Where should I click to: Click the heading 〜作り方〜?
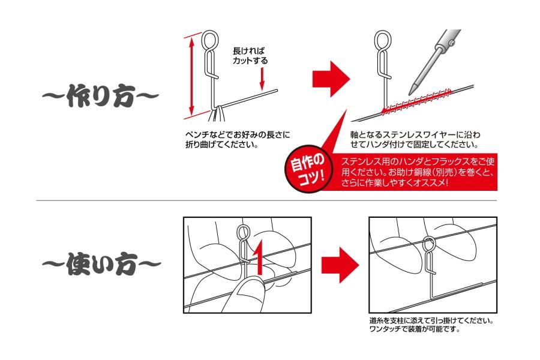[x=100, y=96]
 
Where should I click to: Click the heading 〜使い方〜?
[x=101, y=264]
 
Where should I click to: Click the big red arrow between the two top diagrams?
[x=331, y=79]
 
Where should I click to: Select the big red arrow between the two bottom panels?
[x=340, y=265]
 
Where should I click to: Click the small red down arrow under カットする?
[x=262, y=79]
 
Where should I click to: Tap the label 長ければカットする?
[x=250, y=56]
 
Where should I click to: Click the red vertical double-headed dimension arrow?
[x=192, y=76]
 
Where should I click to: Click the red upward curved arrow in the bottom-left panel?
[x=259, y=257]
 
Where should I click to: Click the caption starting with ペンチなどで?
[x=238, y=139]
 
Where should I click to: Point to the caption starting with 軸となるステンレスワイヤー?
[x=415, y=139]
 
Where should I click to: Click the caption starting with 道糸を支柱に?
[x=432, y=325]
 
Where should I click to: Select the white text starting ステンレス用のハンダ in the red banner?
[x=418, y=172]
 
